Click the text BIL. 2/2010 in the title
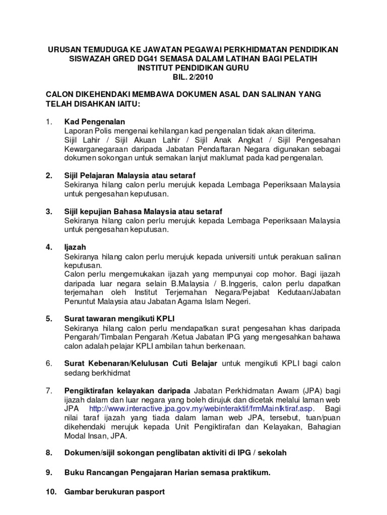(x=193, y=77)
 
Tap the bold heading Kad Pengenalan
(x=95, y=122)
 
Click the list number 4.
(x=49, y=247)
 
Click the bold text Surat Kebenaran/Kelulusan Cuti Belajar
(x=141, y=363)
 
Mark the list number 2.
(x=49, y=176)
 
